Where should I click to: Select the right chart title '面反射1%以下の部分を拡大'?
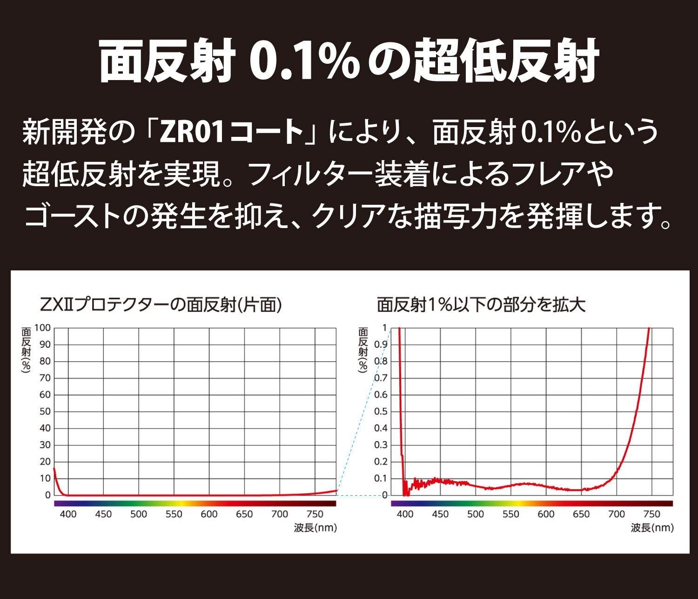(481, 305)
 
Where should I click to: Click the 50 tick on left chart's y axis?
(45, 411)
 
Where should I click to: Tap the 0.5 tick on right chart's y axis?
(381, 411)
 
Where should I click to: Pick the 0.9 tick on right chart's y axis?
(381, 345)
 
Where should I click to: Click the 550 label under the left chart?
(174, 514)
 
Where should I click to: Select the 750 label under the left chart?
(315, 514)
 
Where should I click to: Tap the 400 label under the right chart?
(405, 514)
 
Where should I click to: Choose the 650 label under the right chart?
(581, 514)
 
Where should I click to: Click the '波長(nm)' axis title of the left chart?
(315, 528)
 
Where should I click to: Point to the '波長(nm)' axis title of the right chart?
(652, 528)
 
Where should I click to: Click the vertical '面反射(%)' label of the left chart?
(27, 349)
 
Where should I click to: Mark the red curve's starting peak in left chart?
(54, 469)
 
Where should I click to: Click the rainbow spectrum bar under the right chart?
(532, 503)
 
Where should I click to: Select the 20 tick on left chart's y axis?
(45, 462)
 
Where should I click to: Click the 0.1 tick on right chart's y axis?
(381, 478)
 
